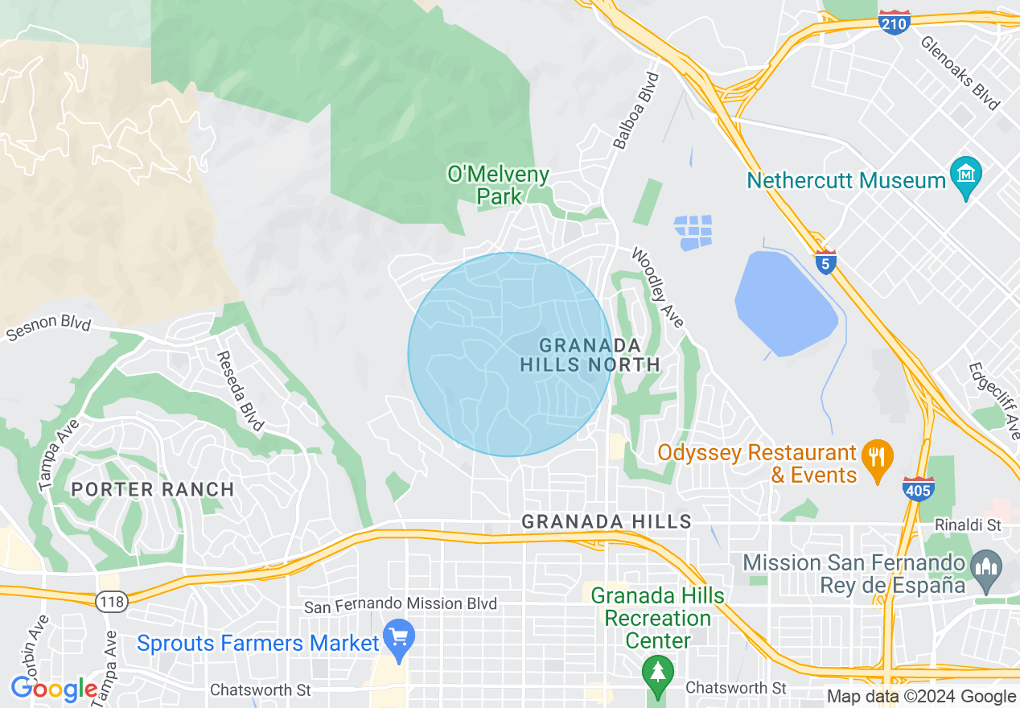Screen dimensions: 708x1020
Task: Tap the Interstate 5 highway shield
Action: click(x=825, y=262)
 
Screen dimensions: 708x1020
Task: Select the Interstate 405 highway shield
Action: click(x=918, y=489)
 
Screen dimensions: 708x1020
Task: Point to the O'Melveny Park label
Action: click(x=499, y=185)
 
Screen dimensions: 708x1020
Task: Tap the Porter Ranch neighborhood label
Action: click(x=152, y=489)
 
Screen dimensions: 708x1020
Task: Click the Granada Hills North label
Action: click(x=590, y=355)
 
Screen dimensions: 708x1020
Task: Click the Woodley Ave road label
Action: click(x=657, y=288)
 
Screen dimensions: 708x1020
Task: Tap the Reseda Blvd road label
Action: click(x=241, y=390)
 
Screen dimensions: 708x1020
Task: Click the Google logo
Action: click(x=54, y=689)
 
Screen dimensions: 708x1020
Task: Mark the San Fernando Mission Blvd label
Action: click(x=401, y=604)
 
